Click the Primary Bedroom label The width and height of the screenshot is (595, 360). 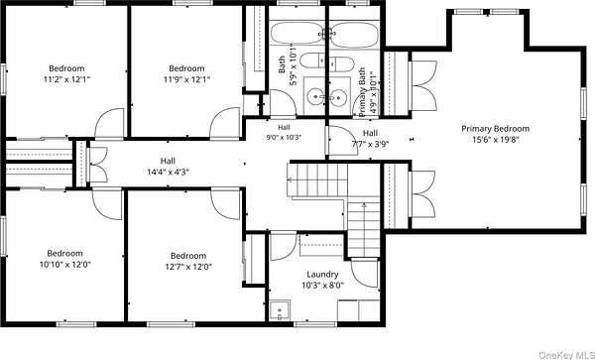point(495,129)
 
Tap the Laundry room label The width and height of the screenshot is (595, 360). point(322,275)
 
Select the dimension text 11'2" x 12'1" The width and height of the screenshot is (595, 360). point(66,79)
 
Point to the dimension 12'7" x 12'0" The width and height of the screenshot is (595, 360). point(188,267)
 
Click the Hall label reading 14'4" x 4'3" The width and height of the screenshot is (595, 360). point(168,172)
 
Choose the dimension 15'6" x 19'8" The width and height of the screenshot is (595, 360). point(495,139)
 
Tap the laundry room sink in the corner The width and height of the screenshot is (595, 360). point(280,310)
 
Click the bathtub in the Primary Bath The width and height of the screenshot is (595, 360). point(354,35)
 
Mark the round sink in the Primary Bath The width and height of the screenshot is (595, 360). point(338,98)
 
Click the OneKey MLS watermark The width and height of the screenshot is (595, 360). point(566,355)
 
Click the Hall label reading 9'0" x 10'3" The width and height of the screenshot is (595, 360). point(284,138)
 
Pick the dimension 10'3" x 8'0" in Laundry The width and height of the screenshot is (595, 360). point(322,285)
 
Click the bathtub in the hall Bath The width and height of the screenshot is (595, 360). point(297,34)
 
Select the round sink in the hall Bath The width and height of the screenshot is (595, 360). point(315,96)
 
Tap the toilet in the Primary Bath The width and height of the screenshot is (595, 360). point(341,63)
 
